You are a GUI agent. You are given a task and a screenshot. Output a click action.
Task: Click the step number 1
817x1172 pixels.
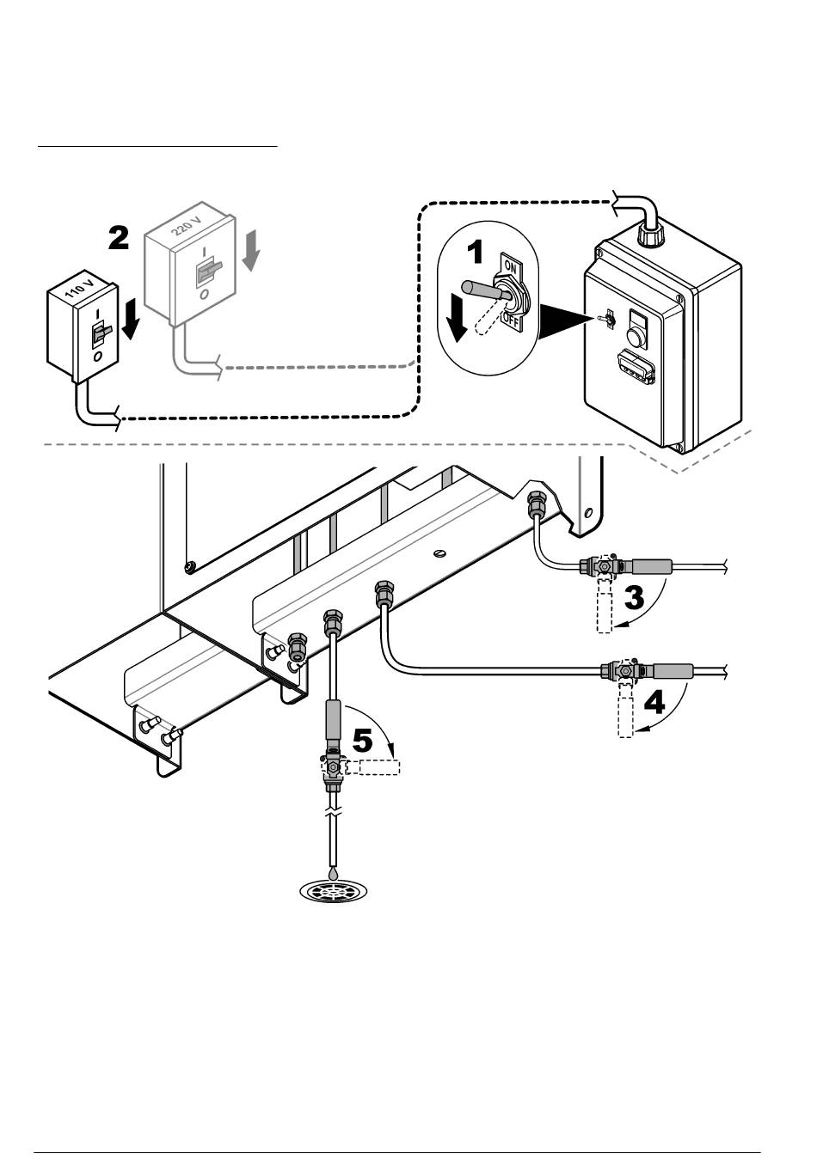pyautogui.click(x=475, y=253)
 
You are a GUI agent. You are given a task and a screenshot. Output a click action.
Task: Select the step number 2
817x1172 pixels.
pyautogui.click(x=119, y=238)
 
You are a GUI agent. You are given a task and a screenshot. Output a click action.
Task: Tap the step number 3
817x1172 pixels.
pyautogui.click(x=634, y=597)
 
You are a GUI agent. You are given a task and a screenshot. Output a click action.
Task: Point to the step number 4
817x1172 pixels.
pyautogui.click(x=654, y=702)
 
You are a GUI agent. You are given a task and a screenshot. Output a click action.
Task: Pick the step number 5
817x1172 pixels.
pyautogui.click(x=362, y=741)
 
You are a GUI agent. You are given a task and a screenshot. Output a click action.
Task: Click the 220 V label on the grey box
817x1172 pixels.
pyautogui.click(x=187, y=225)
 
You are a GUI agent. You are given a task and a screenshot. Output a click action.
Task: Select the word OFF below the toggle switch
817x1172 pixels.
pyautogui.click(x=510, y=320)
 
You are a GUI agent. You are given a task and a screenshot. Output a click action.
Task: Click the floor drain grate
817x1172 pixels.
pyautogui.click(x=333, y=891)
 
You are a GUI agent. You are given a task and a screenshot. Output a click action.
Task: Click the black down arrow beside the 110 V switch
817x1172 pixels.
pyautogui.click(x=131, y=319)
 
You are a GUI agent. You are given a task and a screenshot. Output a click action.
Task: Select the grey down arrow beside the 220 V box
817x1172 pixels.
pyautogui.click(x=252, y=251)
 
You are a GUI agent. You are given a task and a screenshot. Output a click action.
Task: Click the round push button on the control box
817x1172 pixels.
pyautogui.click(x=636, y=338)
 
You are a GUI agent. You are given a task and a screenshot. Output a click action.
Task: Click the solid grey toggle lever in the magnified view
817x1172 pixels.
pyautogui.click(x=483, y=290)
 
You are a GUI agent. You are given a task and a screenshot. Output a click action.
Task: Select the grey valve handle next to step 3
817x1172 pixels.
pyautogui.click(x=652, y=565)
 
